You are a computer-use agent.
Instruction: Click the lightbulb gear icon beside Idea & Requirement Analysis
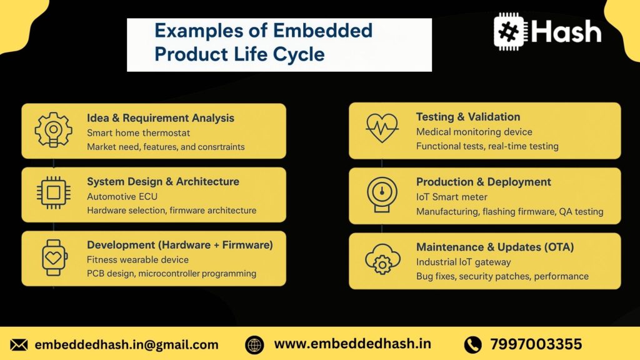point(53,130)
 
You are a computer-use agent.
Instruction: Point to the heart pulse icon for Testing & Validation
point(381,129)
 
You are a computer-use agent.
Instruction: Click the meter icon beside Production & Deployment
point(381,194)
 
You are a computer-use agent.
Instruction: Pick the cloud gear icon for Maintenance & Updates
point(381,260)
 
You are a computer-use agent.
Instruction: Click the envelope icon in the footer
point(19,344)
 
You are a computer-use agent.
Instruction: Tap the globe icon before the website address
point(254,344)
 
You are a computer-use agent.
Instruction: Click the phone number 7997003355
point(536,344)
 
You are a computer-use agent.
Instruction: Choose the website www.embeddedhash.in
point(352,344)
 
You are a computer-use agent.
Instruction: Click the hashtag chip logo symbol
point(510,32)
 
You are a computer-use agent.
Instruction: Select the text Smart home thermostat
point(138,133)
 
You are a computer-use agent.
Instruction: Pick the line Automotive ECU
point(122,196)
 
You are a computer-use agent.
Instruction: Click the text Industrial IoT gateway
point(463,262)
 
